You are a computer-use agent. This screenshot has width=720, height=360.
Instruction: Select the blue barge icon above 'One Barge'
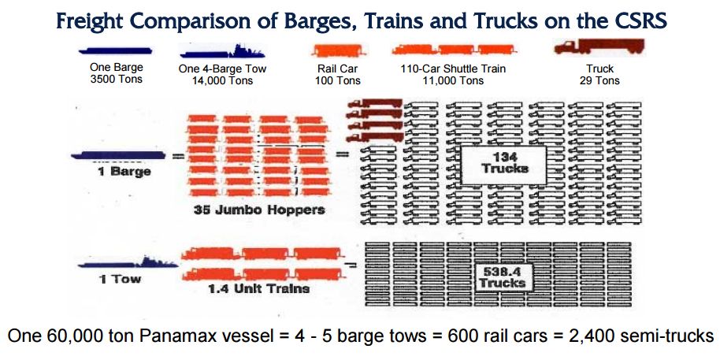point(116,50)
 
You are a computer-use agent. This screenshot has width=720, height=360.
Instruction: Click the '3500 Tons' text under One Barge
point(117,79)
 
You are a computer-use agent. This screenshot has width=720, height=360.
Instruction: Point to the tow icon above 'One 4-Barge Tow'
point(222,51)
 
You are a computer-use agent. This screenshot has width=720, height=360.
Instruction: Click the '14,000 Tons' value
point(222,81)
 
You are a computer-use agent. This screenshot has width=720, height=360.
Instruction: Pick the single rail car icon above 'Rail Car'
point(338,50)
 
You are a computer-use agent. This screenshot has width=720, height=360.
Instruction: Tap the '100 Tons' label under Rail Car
point(338,81)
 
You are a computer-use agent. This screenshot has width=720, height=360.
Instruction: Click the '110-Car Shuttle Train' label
point(453,69)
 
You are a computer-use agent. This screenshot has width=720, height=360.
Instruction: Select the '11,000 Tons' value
point(453,81)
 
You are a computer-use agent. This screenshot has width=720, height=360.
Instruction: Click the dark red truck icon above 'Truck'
point(599,46)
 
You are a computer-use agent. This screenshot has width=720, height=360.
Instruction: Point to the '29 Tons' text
point(599,81)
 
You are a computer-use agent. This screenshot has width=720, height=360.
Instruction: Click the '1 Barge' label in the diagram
point(124,173)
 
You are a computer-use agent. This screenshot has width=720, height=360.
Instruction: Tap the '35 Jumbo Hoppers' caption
point(259,210)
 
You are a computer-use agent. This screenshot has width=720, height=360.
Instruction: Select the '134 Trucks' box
point(503,165)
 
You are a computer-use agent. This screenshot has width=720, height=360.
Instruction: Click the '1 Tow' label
point(120,279)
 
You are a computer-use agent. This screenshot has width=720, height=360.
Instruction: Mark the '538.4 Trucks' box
point(503,276)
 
